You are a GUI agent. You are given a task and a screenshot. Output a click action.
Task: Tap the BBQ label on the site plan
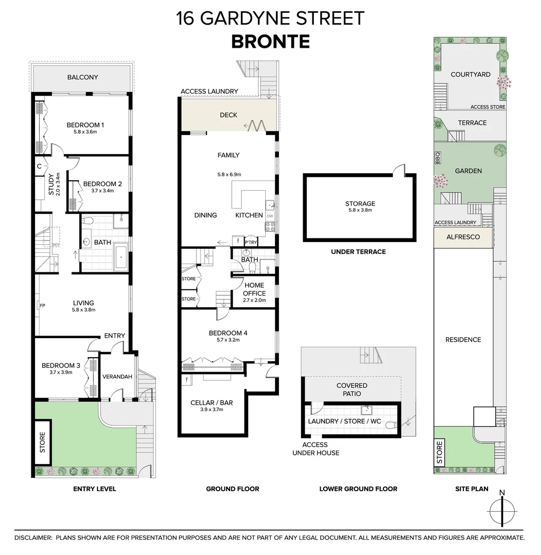[x=438, y=157]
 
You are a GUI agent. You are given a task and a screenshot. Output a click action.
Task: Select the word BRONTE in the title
[x=270, y=41]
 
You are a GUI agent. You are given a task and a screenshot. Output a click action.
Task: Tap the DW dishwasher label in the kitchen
[x=270, y=216]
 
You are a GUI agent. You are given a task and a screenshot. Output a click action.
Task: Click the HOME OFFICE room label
[x=254, y=289]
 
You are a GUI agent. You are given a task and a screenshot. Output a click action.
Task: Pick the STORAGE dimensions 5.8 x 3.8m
[x=360, y=210]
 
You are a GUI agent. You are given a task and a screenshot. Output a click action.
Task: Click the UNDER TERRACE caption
[x=359, y=252]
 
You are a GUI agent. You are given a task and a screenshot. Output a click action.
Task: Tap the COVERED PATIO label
[x=352, y=390]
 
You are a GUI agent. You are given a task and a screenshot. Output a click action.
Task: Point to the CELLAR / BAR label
[x=211, y=402]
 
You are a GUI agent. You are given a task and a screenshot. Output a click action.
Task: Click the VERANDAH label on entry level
[x=117, y=377]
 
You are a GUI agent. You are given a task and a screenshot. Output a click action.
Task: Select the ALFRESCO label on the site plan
[x=463, y=237]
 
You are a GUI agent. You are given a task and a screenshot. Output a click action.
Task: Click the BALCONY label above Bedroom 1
[x=82, y=78]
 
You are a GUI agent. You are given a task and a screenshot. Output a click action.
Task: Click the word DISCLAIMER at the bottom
[x=33, y=538]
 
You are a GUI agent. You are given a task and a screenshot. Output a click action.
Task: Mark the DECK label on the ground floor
[x=228, y=115]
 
